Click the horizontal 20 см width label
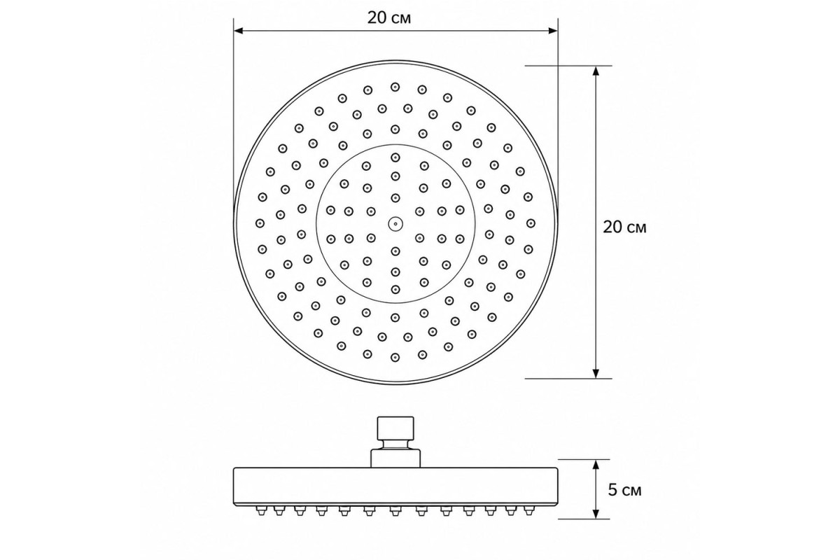[389, 17]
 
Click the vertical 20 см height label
[624, 227]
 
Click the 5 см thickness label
[624, 490]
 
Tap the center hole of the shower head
[395, 224]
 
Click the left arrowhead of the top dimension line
[239, 30]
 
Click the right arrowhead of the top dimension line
[553, 30]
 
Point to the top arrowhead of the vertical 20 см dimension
[596, 71]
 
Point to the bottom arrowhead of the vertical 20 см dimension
[596, 373]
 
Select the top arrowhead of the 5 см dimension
[596, 464]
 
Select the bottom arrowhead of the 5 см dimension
[596, 514]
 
